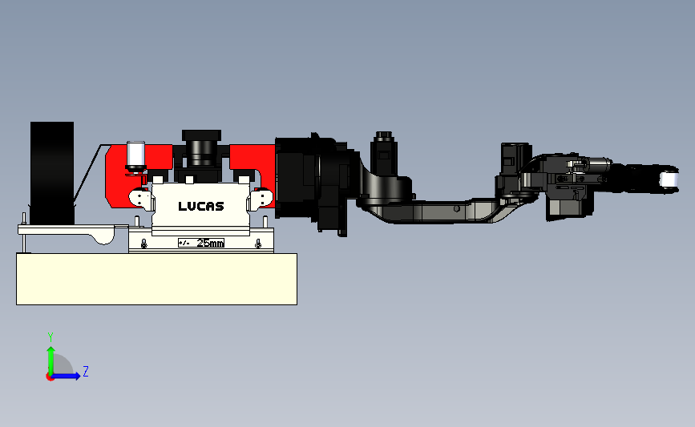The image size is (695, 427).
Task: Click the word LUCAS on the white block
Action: [200, 206]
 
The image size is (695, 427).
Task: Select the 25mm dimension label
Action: [210, 243]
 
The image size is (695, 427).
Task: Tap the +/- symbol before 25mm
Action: [184, 243]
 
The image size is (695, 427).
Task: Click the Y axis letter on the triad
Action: [51, 337]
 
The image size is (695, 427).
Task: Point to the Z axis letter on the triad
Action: [86, 371]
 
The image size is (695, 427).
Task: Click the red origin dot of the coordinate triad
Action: [50, 377]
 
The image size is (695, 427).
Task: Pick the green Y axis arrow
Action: [51, 361]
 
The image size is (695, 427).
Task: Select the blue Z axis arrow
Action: [66, 376]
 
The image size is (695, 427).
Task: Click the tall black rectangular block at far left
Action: [52, 173]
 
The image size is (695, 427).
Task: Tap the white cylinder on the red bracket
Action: [135, 154]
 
